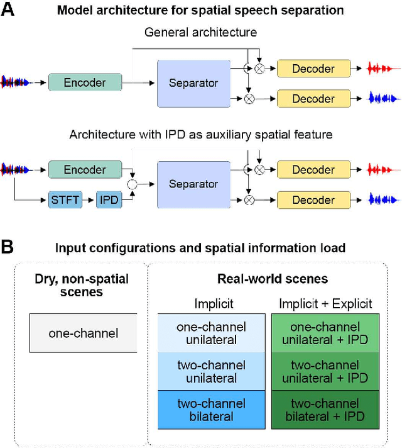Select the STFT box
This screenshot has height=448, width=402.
[65, 201]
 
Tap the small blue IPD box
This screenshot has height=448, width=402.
[108, 201]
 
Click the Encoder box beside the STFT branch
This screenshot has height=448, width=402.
[85, 169]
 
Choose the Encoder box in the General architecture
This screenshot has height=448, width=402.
[85, 82]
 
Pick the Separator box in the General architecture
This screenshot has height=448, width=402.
[193, 82]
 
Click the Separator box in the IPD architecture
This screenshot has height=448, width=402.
[193, 184]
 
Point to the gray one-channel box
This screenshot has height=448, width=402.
[83, 332]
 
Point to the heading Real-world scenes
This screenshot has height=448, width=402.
[272, 279]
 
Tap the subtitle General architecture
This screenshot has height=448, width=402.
[200, 31]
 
